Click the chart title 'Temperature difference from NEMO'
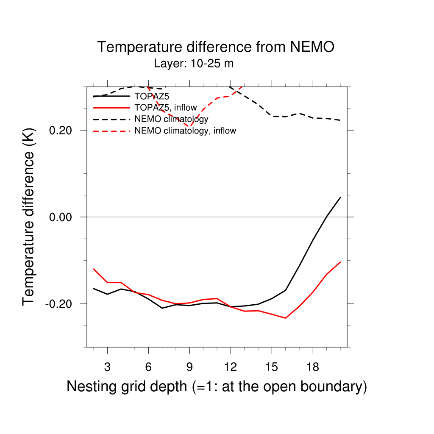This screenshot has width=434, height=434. (x=216, y=47)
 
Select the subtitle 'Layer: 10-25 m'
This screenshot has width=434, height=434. (x=194, y=64)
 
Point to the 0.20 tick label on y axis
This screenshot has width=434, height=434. (x=63, y=130)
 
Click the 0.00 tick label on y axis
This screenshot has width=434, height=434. (x=63, y=217)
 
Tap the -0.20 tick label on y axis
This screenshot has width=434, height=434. (x=61, y=304)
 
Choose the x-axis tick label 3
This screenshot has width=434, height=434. (x=107, y=367)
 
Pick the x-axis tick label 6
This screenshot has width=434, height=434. (x=148, y=367)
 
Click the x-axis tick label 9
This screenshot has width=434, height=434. (x=189, y=367)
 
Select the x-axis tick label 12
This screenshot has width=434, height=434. (x=231, y=367)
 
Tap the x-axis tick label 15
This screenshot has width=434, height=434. (x=272, y=367)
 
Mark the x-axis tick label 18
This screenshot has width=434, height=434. (x=313, y=367)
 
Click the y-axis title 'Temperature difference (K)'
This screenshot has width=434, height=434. (x=28, y=217)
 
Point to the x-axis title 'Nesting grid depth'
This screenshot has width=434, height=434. (x=217, y=387)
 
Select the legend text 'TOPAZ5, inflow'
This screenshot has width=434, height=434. (x=166, y=108)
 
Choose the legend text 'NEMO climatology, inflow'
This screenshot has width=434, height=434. (x=185, y=131)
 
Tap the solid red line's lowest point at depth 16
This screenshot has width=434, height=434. (x=286, y=318)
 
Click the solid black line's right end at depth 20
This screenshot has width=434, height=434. (x=340, y=197)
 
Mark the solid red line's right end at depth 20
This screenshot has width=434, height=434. (x=340, y=262)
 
